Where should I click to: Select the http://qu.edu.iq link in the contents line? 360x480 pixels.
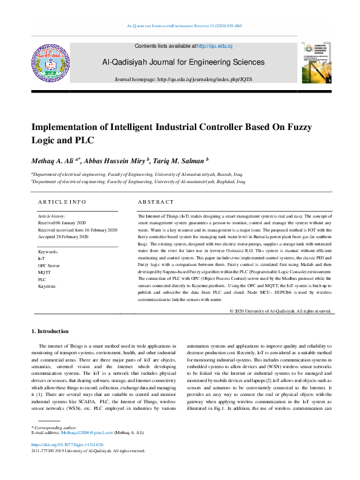(215, 46)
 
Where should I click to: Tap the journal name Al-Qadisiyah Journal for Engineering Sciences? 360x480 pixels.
(183, 62)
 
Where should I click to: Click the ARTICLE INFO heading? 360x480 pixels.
(62, 202)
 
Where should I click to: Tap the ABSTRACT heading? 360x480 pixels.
(155, 202)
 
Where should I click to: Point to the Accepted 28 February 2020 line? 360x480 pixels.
(63, 237)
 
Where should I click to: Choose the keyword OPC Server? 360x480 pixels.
(49, 265)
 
